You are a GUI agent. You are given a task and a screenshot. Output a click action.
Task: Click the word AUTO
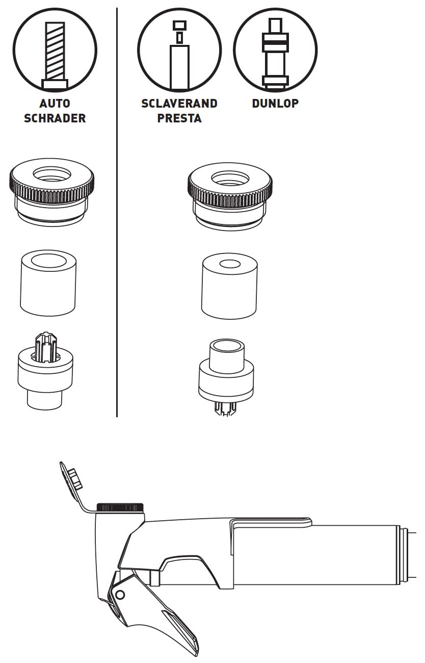(x=55, y=104)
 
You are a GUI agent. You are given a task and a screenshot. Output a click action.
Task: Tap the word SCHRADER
(x=55, y=118)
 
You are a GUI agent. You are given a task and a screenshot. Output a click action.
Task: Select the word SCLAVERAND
(x=179, y=104)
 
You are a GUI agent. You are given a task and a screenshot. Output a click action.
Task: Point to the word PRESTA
(x=179, y=118)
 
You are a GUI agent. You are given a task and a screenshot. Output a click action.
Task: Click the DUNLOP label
(x=275, y=104)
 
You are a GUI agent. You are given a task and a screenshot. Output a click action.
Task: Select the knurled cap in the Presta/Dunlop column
(x=230, y=196)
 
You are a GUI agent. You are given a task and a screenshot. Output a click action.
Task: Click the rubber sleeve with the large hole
(x=48, y=283)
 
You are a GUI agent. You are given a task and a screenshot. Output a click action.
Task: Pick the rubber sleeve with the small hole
(x=229, y=286)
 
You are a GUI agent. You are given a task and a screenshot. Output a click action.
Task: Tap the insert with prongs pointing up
(x=45, y=371)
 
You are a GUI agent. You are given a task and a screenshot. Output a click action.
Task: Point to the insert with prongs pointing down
(x=226, y=377)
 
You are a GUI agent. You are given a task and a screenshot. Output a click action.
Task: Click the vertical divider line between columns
(x=117, y=212)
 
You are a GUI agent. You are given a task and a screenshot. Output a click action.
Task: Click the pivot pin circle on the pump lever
(x=120, y=594)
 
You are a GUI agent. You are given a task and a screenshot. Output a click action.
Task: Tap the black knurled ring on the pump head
(x=120, y=507)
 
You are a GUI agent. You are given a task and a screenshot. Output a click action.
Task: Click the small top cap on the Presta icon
(x=179, y=24)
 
